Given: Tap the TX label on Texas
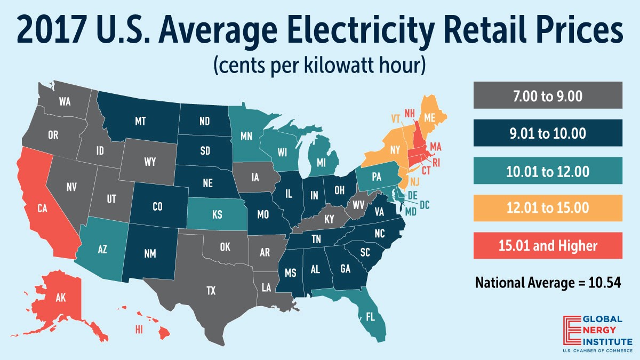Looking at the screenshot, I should [x=211, y=291].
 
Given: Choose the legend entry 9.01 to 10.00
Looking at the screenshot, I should [x=548, y=133].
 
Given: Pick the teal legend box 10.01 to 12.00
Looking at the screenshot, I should [x=548, y=171].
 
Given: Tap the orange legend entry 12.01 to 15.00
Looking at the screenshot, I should [x=548, y=208].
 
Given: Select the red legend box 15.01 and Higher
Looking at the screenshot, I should [x=548, y=246].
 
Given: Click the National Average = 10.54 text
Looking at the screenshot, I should [x=548, y=283].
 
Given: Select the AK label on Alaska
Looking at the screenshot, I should [x=60, y=298].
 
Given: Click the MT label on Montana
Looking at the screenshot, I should [x=140, y=122].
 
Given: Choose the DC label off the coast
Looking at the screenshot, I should [x=424, y=204].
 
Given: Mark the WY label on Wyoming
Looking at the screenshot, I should [x=150, y=162].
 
